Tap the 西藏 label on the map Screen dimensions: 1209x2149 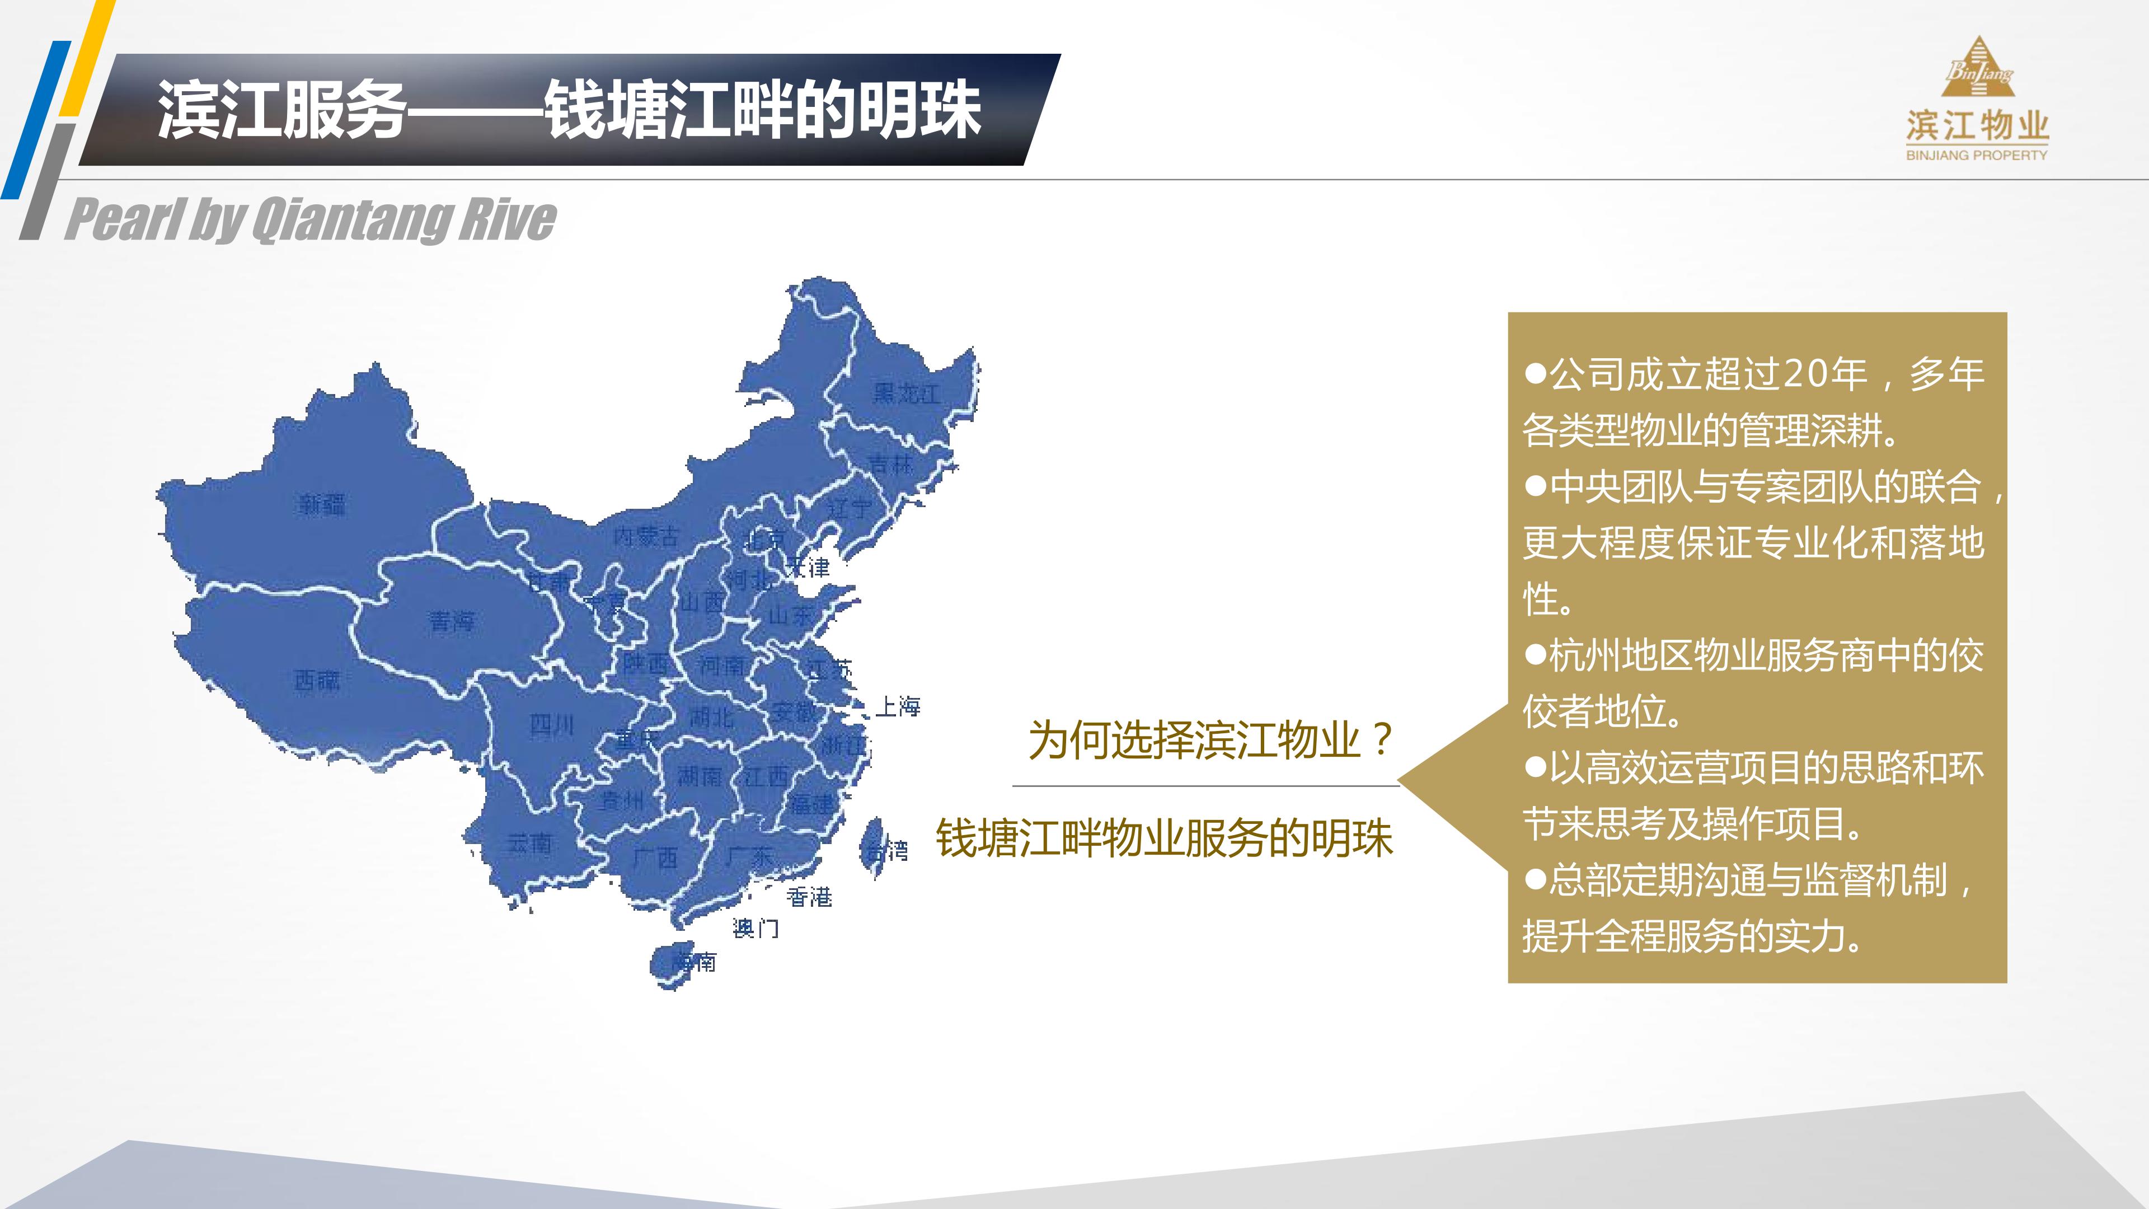coord(317,681)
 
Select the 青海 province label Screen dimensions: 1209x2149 coord(451,621)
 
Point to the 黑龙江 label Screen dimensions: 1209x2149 coord(906,393)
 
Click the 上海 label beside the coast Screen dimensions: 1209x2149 coord(898,707)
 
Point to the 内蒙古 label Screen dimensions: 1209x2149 coord(646,536)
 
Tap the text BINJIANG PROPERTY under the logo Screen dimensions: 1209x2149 coord(1976,155)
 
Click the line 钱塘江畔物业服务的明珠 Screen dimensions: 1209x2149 coord(1165,838)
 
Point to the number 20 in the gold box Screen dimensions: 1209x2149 coord(1804,374)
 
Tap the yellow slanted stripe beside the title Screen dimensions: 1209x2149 coord(88,58)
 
